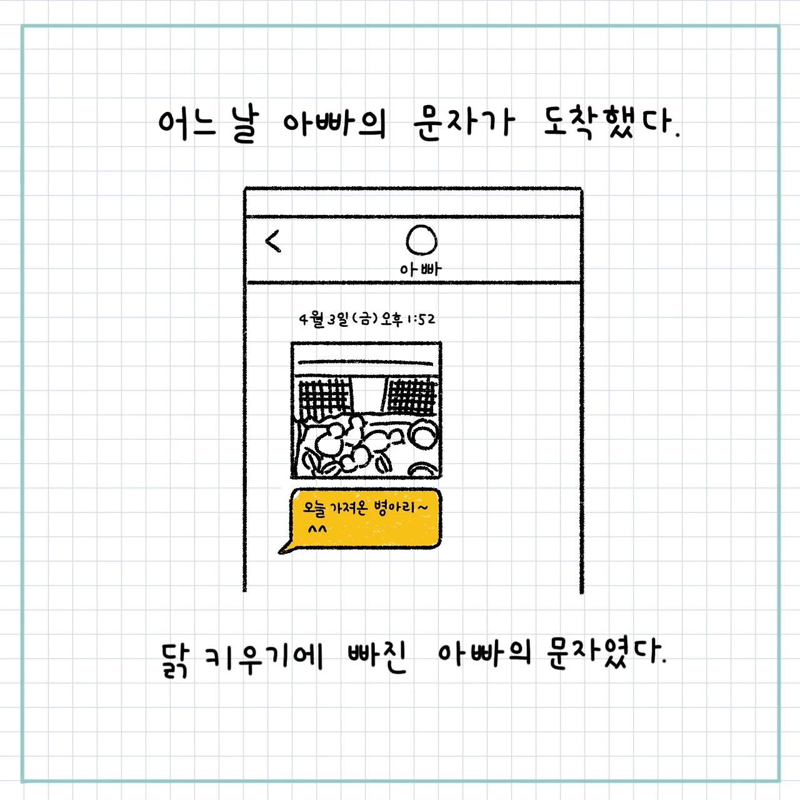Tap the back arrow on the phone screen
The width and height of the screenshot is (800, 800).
click(x=274, y=241)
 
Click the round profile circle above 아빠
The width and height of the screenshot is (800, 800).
click(x=421, y=240)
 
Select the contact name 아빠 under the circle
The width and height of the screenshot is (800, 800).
click(x=421, y=269)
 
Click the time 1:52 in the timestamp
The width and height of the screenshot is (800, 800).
click(x=421, y=319)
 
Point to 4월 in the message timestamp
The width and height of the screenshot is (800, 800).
click(x=311, y=319)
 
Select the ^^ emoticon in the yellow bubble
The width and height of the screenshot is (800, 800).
click(x=317, y=530)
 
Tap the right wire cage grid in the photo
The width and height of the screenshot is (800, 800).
click(x=411, y=396)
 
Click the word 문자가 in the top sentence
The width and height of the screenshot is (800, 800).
click(x=464, y=122)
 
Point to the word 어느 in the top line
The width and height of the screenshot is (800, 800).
click(x=186, y=123)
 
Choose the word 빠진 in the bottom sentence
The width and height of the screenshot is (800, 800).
click(x=377, y=656)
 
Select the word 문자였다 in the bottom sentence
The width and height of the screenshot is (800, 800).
click(x=605, y=653)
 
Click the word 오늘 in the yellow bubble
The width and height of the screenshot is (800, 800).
click(x=314, y=509)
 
